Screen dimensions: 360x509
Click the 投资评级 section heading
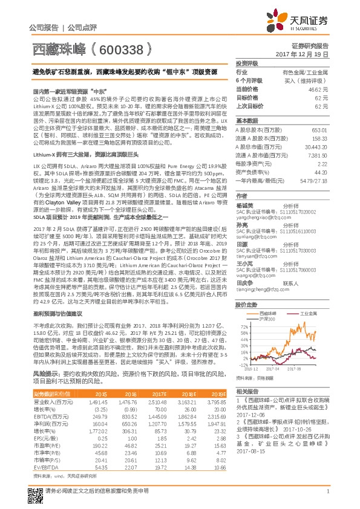[x=247, y=63]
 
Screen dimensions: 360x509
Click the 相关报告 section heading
[x=247, y=392]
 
